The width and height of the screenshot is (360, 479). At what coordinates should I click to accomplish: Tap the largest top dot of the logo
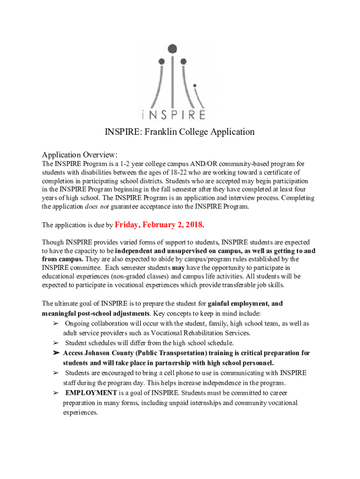tap(173, 48)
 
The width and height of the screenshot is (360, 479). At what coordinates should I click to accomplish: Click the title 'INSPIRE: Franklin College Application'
tap(180, 132)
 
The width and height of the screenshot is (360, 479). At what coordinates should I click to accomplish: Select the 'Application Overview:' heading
tap(80, 155)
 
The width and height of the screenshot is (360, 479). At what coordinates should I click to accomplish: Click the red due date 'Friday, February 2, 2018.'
tap(159, 225)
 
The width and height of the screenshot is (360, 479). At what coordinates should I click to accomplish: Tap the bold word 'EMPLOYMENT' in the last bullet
tap(91, 393)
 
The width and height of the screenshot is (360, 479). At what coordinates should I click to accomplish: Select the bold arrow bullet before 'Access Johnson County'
tap(56, 353)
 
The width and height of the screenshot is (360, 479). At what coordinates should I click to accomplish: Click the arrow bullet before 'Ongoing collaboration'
tap(56, 324)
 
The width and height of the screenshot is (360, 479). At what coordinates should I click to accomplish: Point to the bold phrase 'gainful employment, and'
tap(245, 304)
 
